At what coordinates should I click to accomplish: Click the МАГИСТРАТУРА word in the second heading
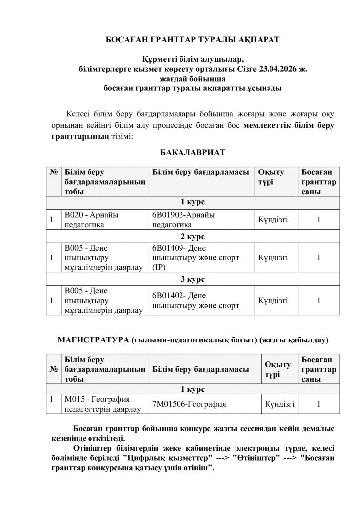click(94, 340)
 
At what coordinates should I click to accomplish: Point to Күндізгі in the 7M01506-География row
click(280, 404)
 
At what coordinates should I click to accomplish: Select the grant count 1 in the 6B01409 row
click(318, 257)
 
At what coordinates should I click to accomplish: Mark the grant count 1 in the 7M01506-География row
click(318, 404)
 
